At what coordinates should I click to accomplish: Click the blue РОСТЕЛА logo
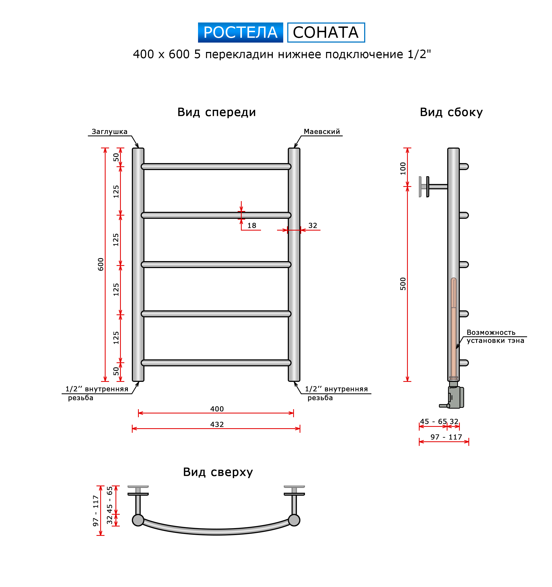point(240,32)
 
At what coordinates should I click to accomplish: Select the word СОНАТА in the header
point(326,32)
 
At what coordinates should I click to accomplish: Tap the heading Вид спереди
point(216,112)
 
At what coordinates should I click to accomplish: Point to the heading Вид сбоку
point(451,112)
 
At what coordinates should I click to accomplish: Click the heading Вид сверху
point(218,472)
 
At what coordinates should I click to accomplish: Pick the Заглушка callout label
point(109,131)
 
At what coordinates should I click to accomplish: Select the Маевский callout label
point(322,131)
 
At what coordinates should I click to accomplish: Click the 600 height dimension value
point(101,264)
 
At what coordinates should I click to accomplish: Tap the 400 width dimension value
point(217,409)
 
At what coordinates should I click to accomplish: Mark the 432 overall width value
point(217,424)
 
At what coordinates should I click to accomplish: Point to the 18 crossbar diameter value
point(252,225)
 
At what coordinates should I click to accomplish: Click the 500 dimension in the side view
point(403,284)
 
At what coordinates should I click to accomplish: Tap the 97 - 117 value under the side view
point(446,437)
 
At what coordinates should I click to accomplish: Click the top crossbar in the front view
point(216,167)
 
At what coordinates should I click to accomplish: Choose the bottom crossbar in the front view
point(216,363)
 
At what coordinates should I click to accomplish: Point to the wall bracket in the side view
point(433,187)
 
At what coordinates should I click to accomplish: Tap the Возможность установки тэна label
point(495,336)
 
